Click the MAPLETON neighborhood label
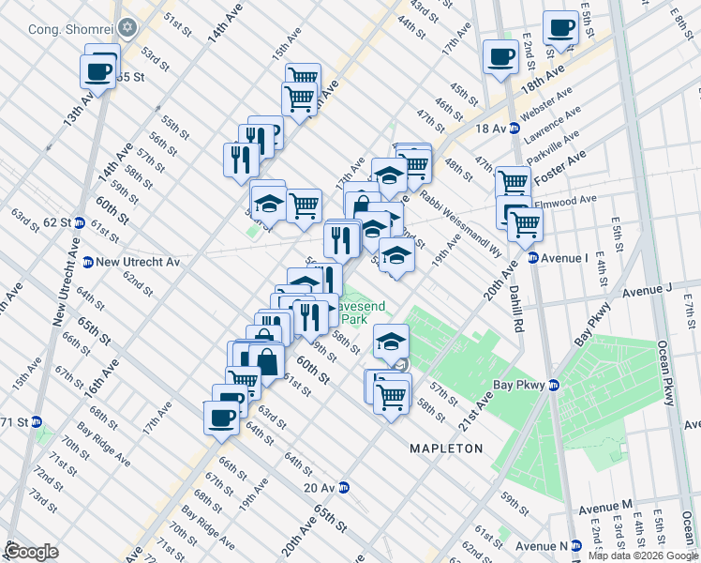click(446, 449)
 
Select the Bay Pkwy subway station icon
click(553, 385)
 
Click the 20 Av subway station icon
click(345, 487)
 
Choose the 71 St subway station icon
click(37, 422)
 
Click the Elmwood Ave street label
click(565, 200)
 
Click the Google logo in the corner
click(32, 551)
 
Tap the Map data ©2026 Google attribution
click(643, 555)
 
